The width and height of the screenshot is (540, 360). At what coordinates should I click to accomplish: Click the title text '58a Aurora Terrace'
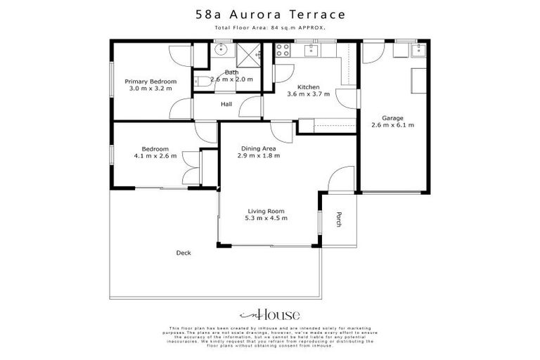pyautogui.click(x=270, y=13)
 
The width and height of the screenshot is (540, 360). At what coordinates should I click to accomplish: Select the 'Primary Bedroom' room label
pyautogui.click(x=152, y=82)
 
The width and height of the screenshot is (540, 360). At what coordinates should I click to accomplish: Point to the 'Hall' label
pyautogui.click(x=226, y=104)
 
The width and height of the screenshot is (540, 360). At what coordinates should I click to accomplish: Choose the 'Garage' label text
pyautogui.click(x=392, y=117)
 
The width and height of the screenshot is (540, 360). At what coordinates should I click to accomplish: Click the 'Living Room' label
pyautogui.click(x=266, y=210)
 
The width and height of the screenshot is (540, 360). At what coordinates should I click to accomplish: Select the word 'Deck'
pyautogui.click(x=184, y=252)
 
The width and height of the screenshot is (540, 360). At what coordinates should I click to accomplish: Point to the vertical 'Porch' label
pyautogui.click(x=338, y=219)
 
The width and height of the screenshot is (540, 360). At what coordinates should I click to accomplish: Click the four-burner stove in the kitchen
pyautogui.click(x=283, y=50)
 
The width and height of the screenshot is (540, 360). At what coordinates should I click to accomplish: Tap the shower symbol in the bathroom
pyautogui.click(x=248, y=53)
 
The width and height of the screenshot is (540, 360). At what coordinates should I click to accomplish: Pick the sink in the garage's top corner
pyautogui.click(x=420, y=49)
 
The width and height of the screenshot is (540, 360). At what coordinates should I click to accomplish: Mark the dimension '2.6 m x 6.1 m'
pyautogui.click(x=392, y=125)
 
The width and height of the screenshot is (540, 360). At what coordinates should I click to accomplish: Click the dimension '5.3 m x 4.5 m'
pyautogui.click(x=266, y=218)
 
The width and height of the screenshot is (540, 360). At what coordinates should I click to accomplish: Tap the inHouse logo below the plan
pyautogui.click(x=270, y=314)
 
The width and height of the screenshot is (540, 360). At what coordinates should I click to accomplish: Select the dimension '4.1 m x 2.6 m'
pyautogui.click(x=155, y=156)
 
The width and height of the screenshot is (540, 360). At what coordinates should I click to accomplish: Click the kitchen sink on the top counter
pyautogui.click(x=309, y=49)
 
